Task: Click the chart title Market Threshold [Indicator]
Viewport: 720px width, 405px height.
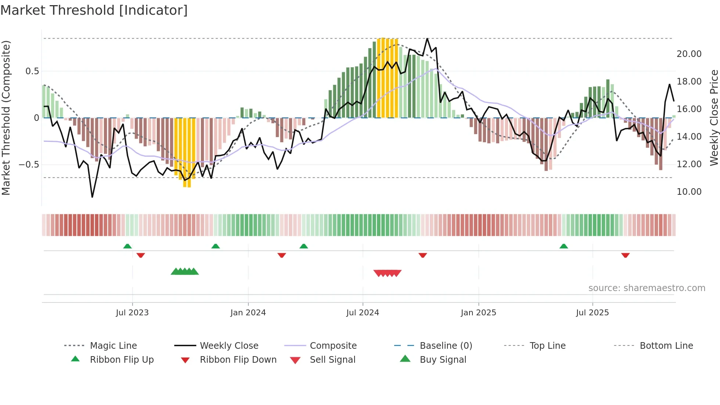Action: tap(94, 10)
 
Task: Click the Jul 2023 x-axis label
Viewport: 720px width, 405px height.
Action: tap(132, 313)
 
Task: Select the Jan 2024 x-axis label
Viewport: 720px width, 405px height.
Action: tap(248, 313)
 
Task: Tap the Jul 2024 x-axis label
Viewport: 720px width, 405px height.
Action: tap(363, 313)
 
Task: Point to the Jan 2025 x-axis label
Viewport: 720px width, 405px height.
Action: tap(478, 313)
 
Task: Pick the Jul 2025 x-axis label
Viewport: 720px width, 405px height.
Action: tap(592, 313)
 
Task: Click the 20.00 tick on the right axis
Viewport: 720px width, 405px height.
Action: tap(689, 54)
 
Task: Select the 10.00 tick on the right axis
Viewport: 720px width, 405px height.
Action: tap(689, 192)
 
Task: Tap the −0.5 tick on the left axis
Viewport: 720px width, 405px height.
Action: tap(29, 165)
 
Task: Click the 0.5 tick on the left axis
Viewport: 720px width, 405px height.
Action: tap(32, 71)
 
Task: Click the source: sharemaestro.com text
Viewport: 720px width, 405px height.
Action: tap(647, 288)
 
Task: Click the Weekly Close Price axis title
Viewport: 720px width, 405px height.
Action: tap(714, 118)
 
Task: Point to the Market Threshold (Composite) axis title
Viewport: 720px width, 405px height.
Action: tap(6, 118)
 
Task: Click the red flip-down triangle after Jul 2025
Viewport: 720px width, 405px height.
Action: tap(625, 255)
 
